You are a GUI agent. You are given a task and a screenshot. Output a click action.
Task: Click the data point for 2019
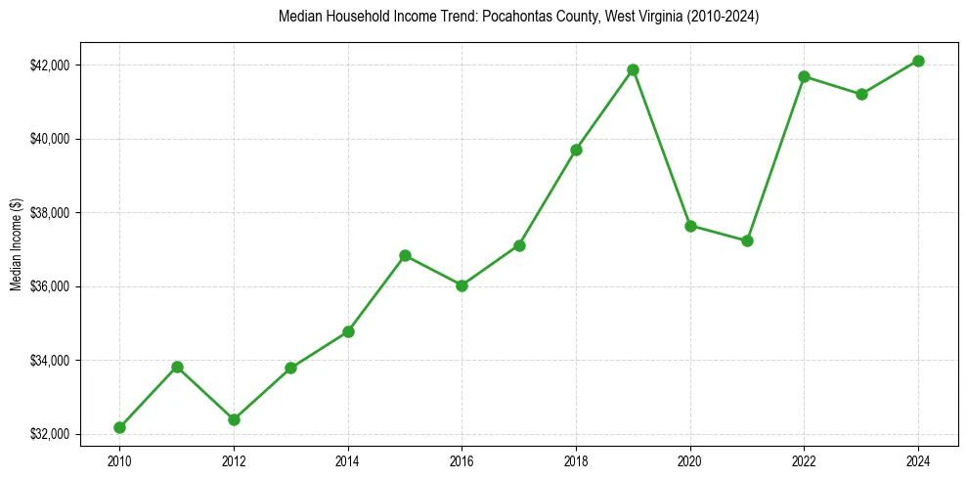tap(633, 69)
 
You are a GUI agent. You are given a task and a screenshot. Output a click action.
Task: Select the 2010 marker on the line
tap(119, 427)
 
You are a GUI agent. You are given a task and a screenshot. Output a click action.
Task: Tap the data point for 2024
tap(918, 61)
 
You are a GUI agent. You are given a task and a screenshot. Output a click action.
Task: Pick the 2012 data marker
tap(234, 419)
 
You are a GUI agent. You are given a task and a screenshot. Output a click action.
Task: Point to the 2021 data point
tap(747, 240)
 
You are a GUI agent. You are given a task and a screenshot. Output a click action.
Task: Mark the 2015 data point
tap(405, 255)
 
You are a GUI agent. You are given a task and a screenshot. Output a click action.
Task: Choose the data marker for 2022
tap(804, 76)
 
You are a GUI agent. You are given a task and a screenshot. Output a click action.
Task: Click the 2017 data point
tap(519, 245)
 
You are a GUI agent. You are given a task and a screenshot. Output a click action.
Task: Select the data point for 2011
tap(177, 367)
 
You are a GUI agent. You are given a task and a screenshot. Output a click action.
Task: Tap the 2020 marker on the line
tap(690, 226)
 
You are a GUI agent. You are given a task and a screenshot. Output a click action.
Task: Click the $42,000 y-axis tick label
tap(51, 65)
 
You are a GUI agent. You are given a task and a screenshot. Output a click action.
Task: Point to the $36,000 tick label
tap(51, 286)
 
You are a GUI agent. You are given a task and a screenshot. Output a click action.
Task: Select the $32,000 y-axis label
tap(51, 434)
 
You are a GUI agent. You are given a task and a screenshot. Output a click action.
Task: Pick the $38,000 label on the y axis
tap(51, 213)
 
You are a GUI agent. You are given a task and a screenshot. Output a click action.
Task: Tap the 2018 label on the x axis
tap(576, 459)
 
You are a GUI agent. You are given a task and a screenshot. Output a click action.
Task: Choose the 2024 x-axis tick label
tap(918, 459)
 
